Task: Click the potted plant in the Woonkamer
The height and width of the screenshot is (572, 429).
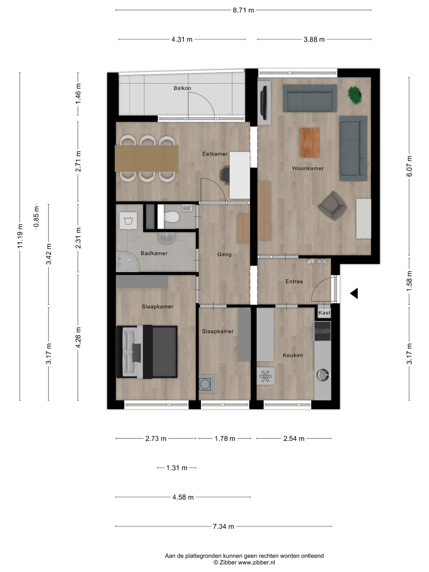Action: (x=354, y=95)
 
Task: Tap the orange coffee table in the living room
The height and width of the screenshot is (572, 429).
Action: (x=309, y=143)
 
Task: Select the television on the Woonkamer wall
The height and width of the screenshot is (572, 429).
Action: (x=264, y=103)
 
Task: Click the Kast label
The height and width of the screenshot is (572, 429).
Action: (x=324, y=312)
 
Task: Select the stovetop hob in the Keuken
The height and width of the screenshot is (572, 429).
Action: (x=322, y=331)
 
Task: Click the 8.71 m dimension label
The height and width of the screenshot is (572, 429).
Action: (x=243, y=10)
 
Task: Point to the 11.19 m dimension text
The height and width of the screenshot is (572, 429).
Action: (x=20, y=236)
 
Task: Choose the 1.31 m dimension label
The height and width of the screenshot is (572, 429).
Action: (x=177, y=467)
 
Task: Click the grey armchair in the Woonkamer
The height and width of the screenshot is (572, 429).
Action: (x=332, y=206)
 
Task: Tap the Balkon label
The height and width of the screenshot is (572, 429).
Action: (x=182, y=88)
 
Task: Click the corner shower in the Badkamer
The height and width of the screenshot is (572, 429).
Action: (x=127, y=262)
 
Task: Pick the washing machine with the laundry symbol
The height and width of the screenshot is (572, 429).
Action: (x=128, y=221)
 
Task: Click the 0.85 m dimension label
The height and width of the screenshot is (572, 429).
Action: (x=36, y=217)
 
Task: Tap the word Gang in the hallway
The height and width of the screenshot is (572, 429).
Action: (x=224, y=254)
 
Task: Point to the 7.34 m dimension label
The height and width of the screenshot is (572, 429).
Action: (x=223, y=526)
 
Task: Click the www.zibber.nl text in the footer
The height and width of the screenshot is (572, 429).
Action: (x=256, y=562)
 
